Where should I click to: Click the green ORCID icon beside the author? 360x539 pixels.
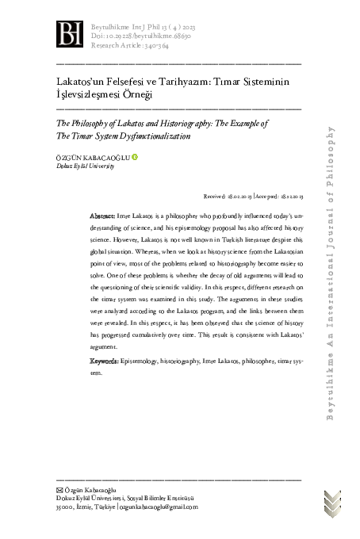pos(135,156)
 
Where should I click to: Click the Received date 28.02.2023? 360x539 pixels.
pos(238,195)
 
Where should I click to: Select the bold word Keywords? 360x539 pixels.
pos(105,361)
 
